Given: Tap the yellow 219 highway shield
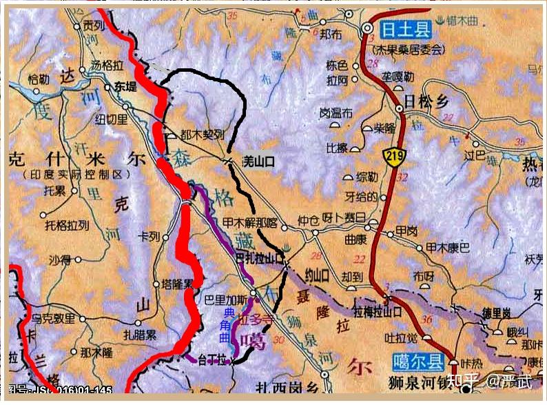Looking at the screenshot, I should pyautogui.click(x=395, y=155).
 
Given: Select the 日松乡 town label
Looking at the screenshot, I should pyautogui.click(x=426, y=101).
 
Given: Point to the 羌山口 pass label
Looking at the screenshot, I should pyautogui.click(x=259, y=161).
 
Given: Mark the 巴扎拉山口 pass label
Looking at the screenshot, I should pyautogui.click(x=259, y=259).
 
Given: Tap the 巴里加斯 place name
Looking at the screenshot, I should pyautogui.click(x=221, y=300).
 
